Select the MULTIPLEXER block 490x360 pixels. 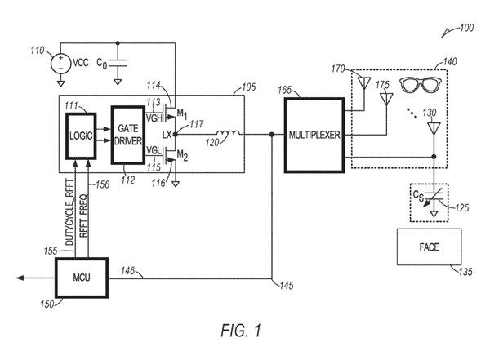[313, 134]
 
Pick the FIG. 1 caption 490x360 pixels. [243, 331]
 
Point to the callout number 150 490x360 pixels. [47, 304]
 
